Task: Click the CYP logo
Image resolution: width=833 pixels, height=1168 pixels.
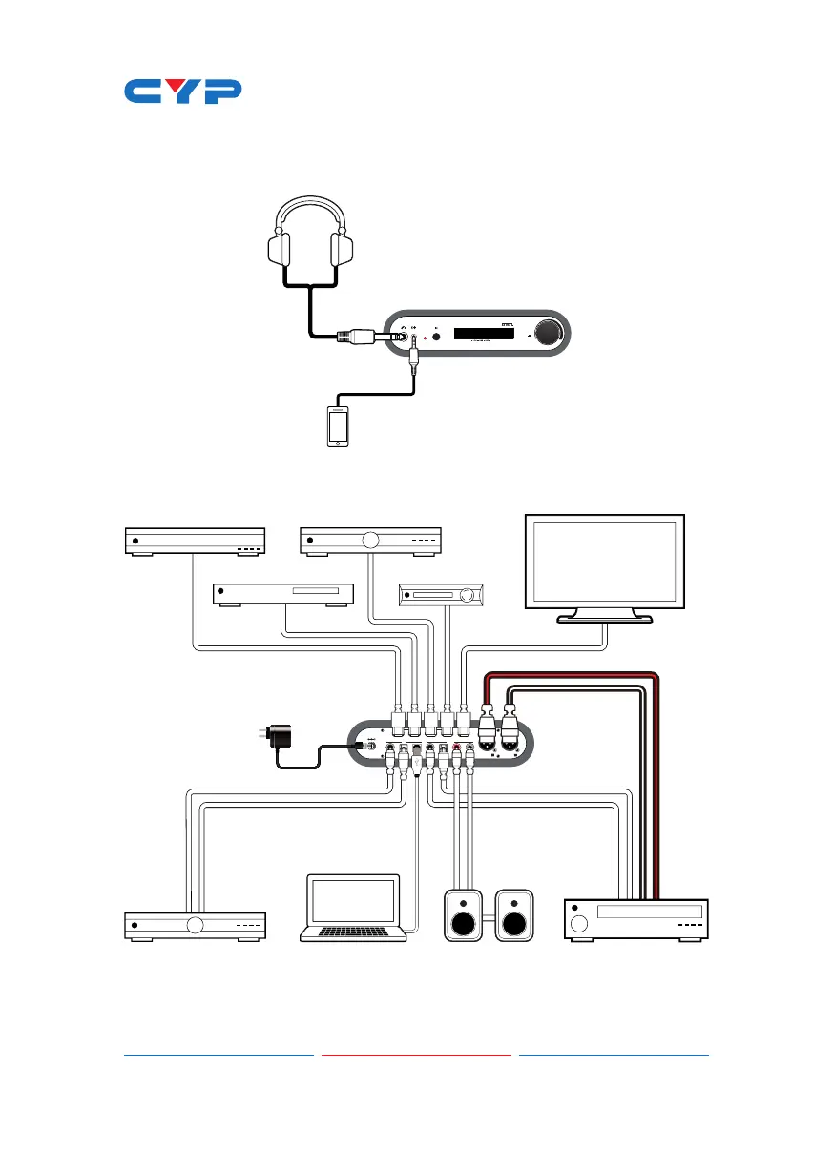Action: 183,92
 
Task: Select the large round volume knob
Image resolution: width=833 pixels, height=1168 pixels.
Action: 548,333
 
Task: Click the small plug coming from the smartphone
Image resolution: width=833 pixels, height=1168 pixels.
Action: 414,361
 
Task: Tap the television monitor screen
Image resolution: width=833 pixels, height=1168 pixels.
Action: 605,560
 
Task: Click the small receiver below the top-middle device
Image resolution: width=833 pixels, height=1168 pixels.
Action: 440,596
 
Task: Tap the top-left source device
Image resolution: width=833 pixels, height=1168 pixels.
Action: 196,541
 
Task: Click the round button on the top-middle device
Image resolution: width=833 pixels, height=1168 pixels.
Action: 371,540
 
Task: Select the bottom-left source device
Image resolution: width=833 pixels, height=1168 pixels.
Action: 196,925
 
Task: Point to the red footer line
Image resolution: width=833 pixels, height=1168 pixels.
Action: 416,1055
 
